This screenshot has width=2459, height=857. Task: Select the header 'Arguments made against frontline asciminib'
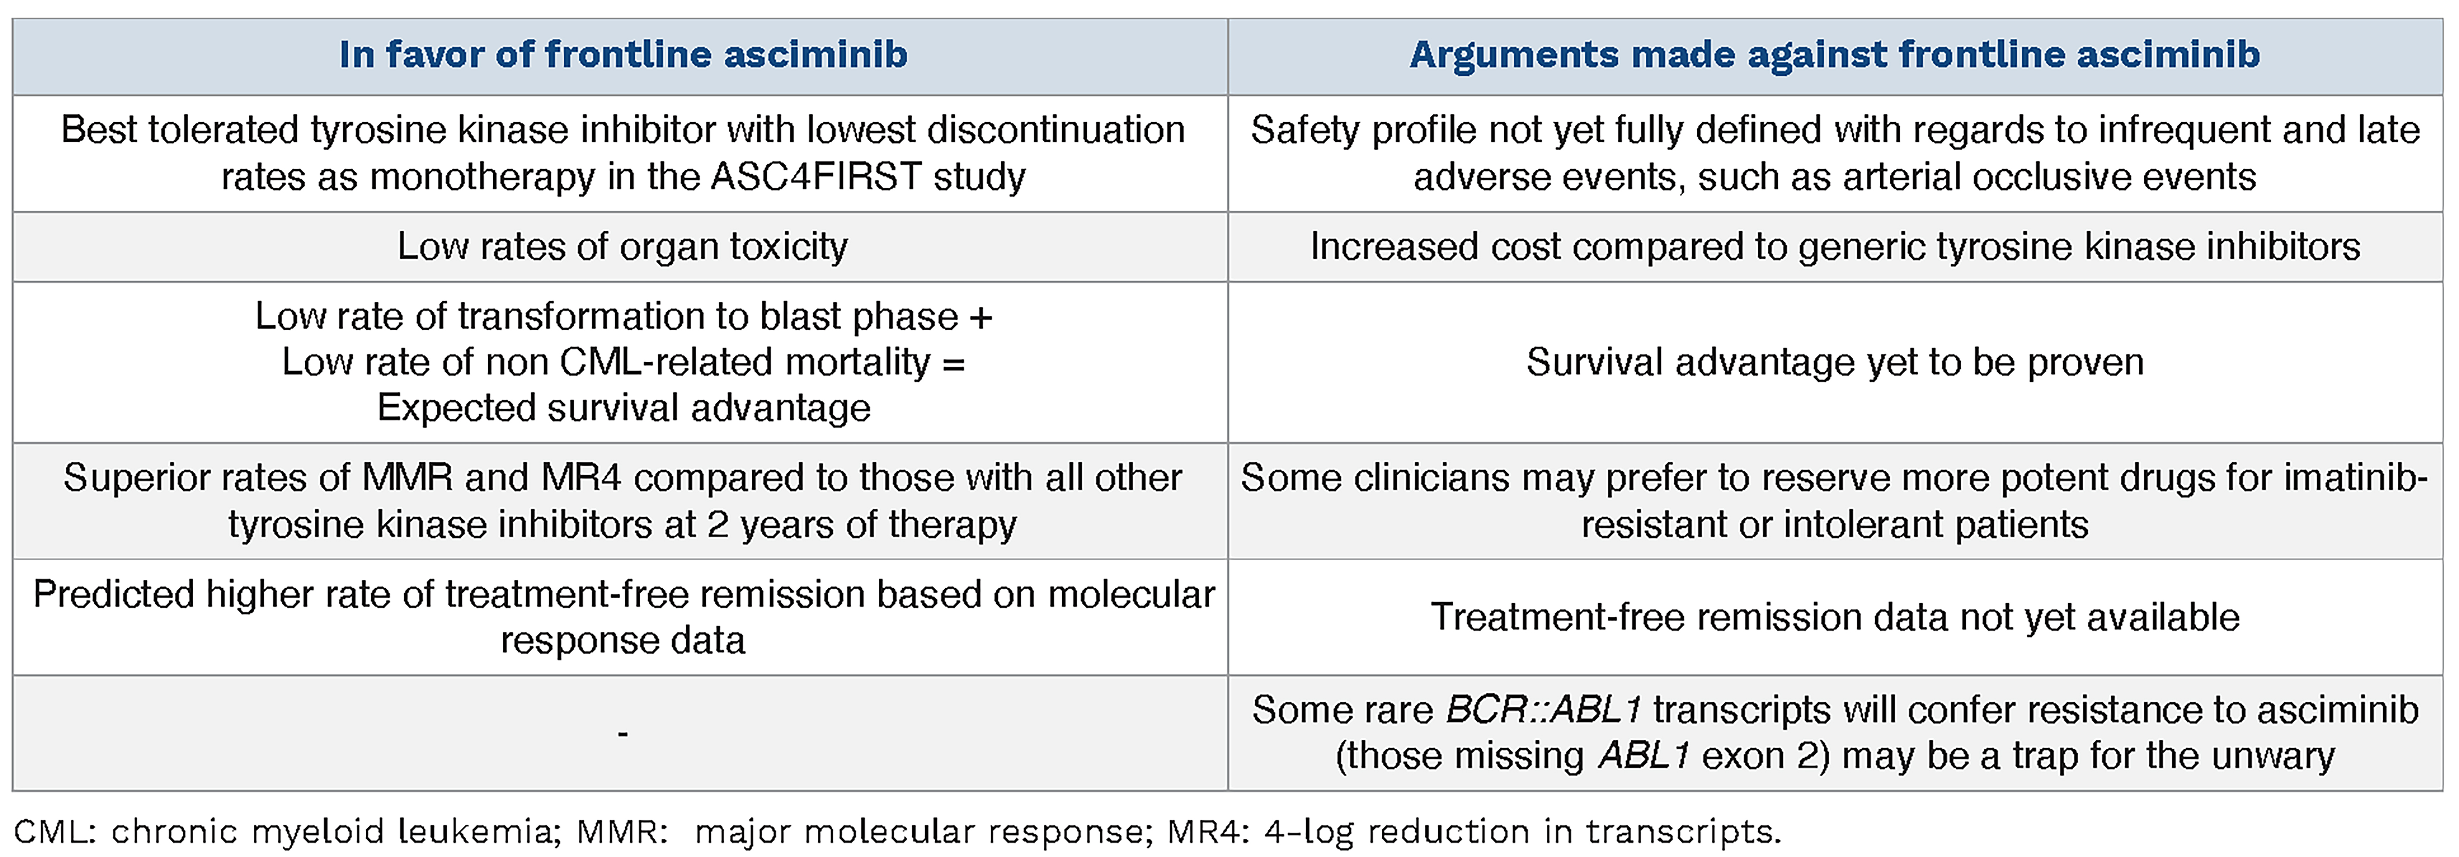pos(1835,55)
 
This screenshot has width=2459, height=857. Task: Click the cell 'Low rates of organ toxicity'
pos(622,246)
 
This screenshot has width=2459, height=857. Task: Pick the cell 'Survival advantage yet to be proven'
pos(1835,362)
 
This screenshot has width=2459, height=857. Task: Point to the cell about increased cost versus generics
pos(1835,246)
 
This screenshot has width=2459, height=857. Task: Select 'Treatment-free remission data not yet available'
pos(1835,618)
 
